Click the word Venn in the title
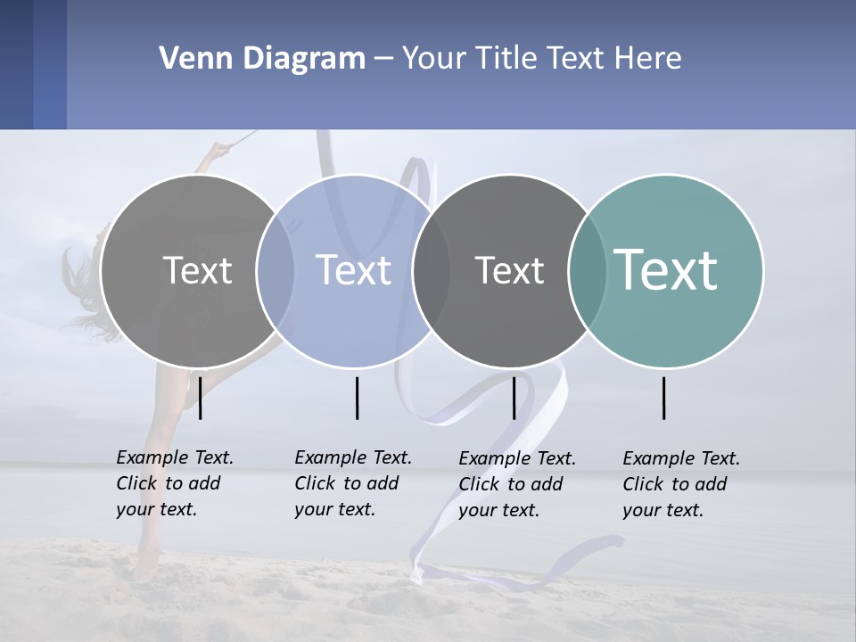click(188, 59)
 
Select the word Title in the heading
click(506, 59)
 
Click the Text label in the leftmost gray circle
click(197, 270)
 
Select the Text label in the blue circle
click(353, 270)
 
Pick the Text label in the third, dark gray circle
click(509, 270)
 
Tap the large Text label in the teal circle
click(666, 270)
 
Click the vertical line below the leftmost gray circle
click(201, 398)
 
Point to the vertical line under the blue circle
click(357, 398)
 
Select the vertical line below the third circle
click(514, 398)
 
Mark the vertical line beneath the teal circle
click(663, 398)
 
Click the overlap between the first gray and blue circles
click(276, 271)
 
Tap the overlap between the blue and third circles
click(432, 271)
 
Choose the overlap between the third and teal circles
click(587, 271)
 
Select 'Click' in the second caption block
click(315, 483)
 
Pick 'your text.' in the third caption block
click(498, 511)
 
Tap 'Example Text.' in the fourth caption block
click(681, 458)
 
